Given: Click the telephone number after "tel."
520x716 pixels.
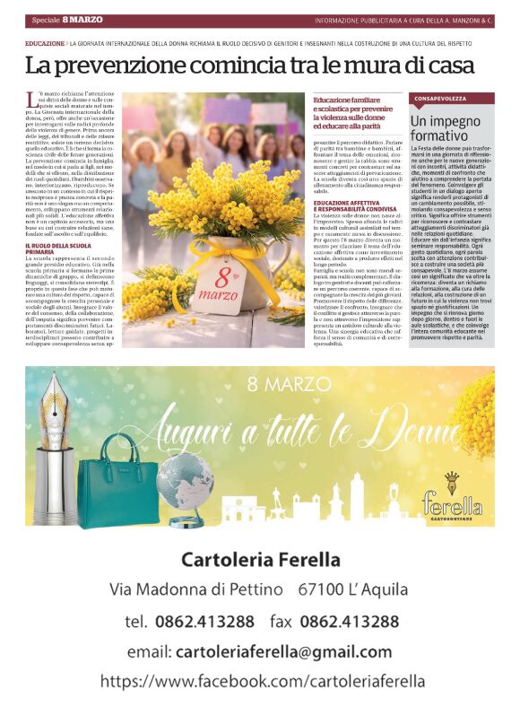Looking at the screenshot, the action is pyautogui.click(x=205, y=621).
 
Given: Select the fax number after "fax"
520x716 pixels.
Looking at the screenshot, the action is pyautogui.click(x=349, y=621).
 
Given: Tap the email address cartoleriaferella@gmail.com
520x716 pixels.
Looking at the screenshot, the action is pyautogui.click(x=283, y=651).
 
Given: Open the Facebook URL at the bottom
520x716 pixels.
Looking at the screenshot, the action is pyautogui.click(x=259, y=681).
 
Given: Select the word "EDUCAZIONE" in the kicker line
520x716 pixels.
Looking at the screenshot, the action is pyautogui.click(x=45, y=42).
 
